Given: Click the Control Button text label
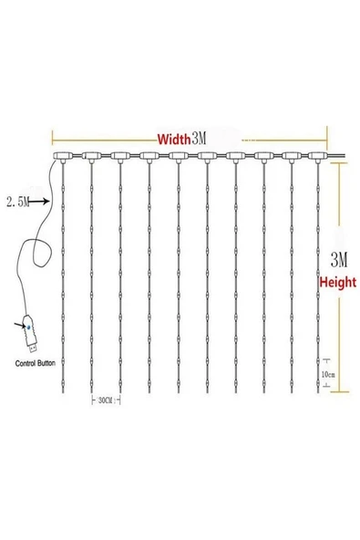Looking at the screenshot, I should [37, 362].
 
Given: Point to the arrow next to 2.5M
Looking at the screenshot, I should [42, 200].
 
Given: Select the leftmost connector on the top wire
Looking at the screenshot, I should [62, 157].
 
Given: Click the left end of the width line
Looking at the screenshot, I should [54, 140].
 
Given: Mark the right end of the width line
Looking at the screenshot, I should [326, 140].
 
